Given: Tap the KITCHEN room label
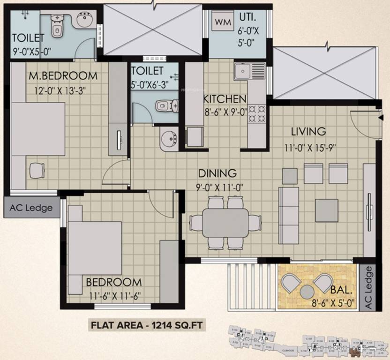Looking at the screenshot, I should tap(225, 99).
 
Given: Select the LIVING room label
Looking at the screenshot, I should tap(308, 131).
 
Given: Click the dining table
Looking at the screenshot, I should tap(225, 223).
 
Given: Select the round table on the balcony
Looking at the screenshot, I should tap(307, 291).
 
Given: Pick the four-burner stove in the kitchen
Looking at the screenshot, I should tap(257, 112).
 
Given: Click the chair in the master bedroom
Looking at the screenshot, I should tap(37, 170).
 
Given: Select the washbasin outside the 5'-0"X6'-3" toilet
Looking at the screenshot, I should tap(168, 139).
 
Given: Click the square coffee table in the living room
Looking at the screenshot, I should tap(326, 210).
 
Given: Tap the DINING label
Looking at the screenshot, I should tap(217, 173).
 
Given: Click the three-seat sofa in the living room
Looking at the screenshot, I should tap(288, 215).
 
